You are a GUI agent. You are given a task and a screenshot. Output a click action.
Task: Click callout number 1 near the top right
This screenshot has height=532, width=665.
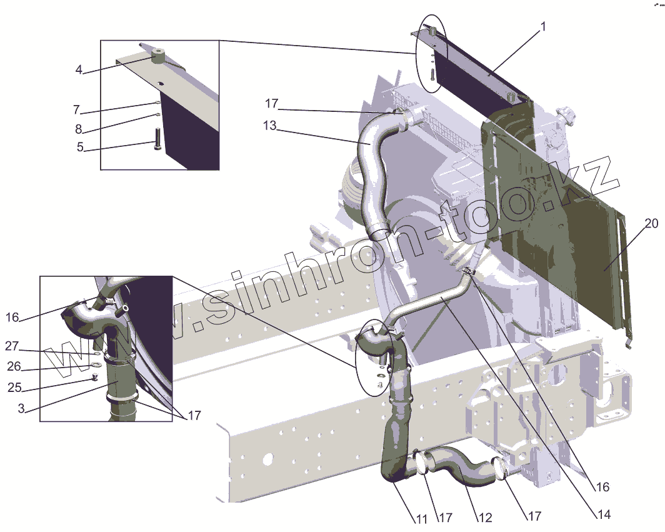(x=543, y=27)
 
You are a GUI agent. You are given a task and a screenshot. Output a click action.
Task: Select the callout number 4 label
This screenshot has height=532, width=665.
(x=79, y=69)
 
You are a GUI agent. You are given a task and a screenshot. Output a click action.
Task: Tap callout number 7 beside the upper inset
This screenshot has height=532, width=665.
(x=76, y=110)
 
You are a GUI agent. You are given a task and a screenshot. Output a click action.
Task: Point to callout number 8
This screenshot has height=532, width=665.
(x=79, y=129)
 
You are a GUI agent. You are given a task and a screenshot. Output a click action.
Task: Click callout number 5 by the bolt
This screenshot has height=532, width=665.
(x=80, y=147)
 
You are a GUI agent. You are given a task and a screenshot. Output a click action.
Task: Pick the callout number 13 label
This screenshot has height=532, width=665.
(x=269, y=126)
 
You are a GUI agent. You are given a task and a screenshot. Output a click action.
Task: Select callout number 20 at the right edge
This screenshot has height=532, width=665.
(x=651, y=223)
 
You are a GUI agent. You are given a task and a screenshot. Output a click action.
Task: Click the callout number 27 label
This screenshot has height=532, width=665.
(x=12, y=346)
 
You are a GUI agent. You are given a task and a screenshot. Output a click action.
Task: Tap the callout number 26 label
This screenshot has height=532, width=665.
(x=14, y=366)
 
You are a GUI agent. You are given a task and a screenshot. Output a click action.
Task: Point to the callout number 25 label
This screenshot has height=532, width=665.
(x=15, y=388)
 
